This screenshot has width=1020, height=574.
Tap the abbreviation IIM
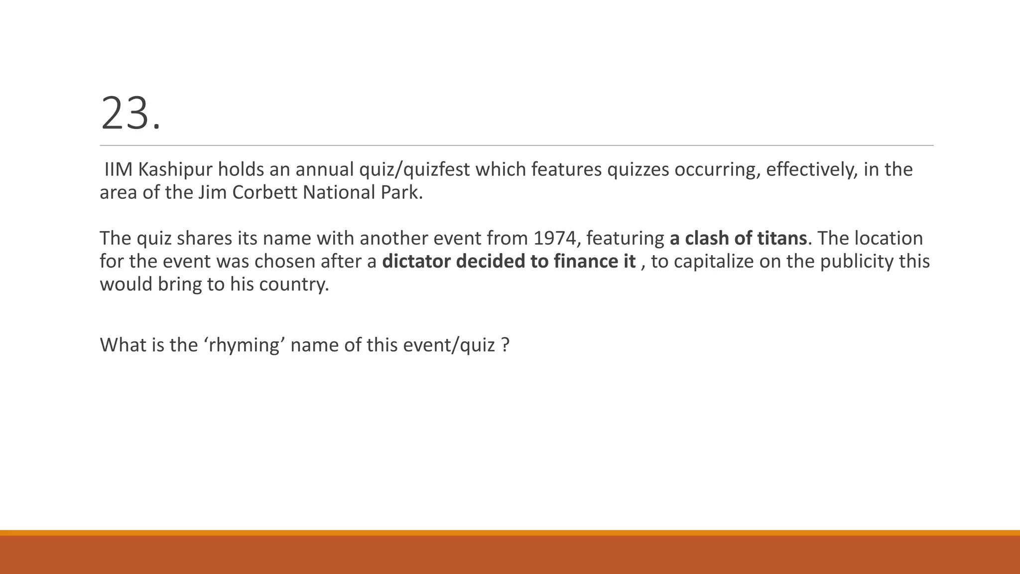pos(118,170)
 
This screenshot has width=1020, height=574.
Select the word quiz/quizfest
pos(414,170)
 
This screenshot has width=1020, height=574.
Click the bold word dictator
pos(416,262)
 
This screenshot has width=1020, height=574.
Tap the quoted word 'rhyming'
pos(244,345)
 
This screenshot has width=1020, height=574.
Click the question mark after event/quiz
pos(506,345)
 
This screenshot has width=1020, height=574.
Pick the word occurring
pos(717,170)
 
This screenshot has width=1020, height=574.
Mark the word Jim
pos(209,193)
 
